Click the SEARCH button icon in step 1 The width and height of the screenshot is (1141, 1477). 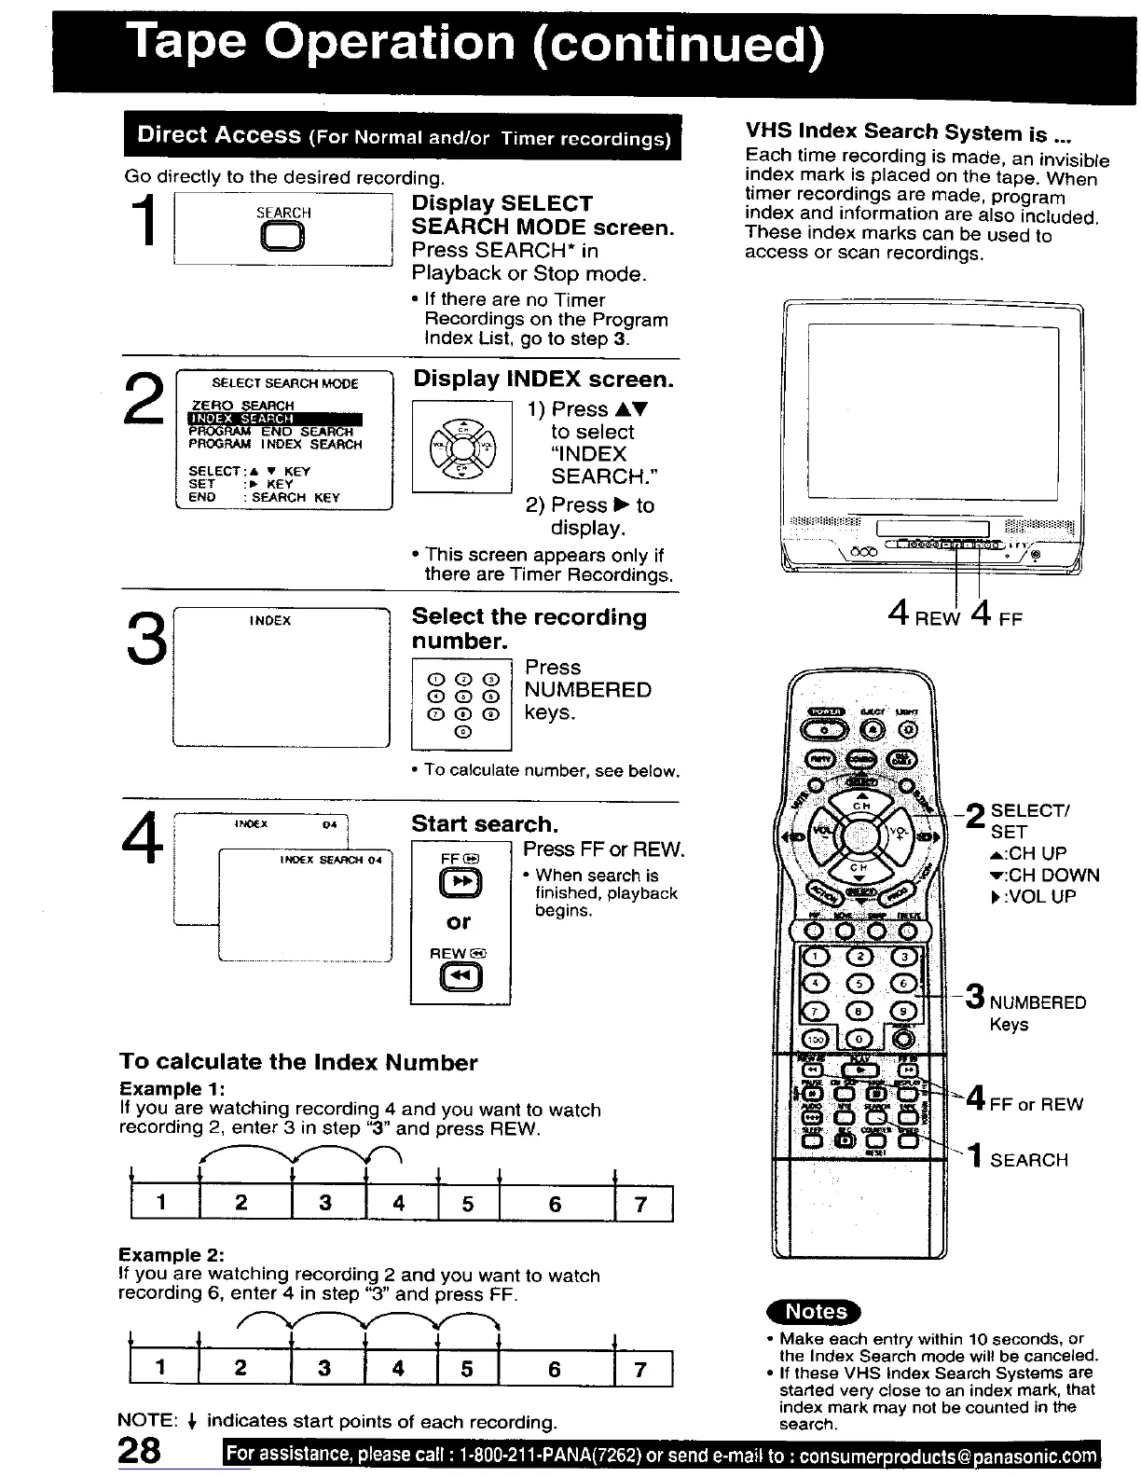(x=283, y=240)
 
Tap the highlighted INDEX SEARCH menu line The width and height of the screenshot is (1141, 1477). (x=275, y=419)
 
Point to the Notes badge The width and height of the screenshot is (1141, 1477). (x=816, y=1311)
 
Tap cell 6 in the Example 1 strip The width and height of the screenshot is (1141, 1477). (x=556, y=1204)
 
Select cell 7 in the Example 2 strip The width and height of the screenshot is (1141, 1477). (x=640, y=1369)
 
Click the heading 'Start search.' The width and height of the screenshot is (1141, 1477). (x=485, y=824)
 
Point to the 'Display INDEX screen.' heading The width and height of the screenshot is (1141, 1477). (x=543, y=380)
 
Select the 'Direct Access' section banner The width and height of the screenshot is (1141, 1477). (x=403, y=136)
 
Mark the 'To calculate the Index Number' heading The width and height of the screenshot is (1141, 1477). (x=298, y=1063)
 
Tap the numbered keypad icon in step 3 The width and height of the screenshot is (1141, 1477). (x=462, y=704)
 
